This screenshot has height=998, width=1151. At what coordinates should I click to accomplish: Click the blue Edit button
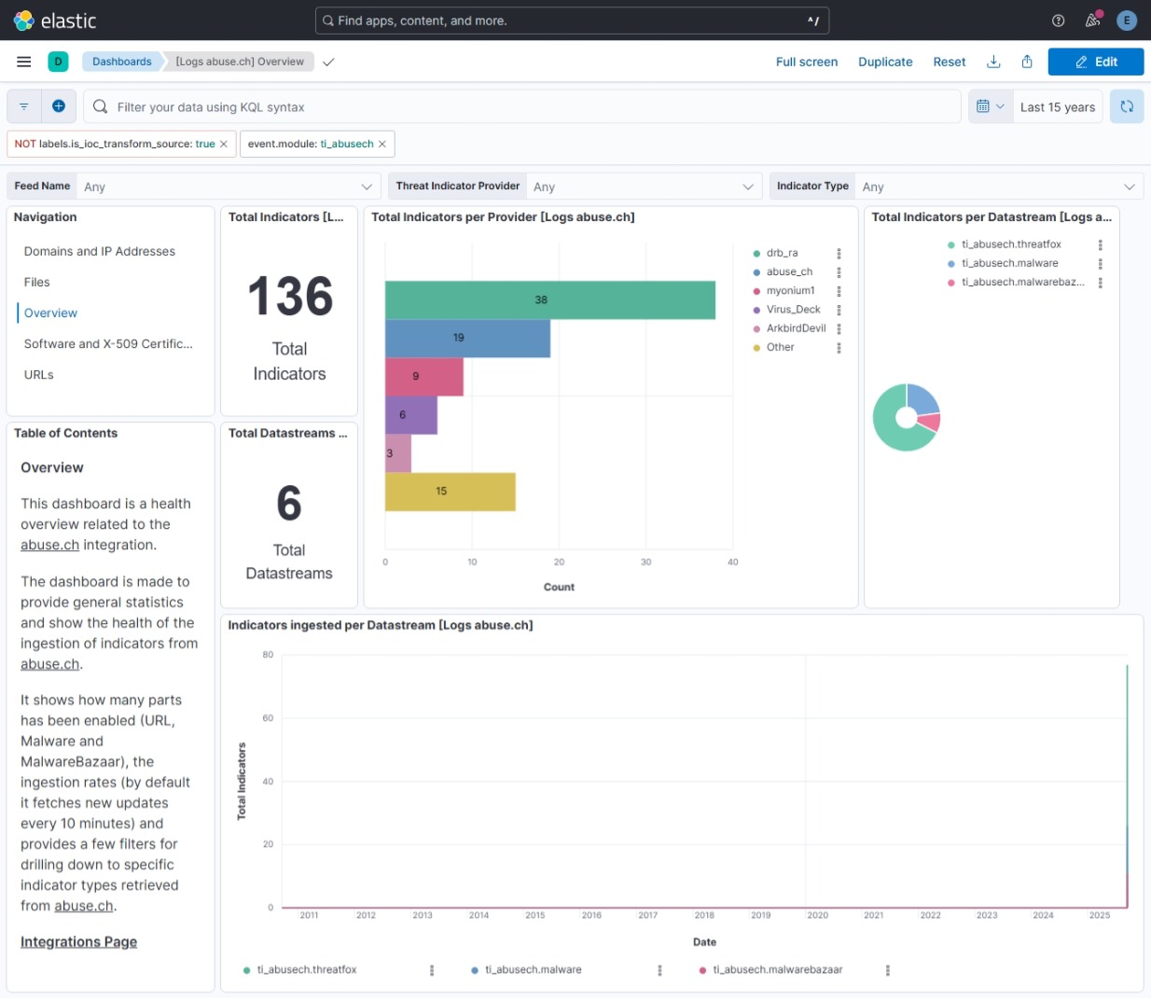pyautogui.click(x=1095, y=62)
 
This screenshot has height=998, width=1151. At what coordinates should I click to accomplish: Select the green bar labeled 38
pyautogui.click(x=549, y=300)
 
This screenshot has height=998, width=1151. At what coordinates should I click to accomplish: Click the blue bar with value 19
pyautogui.click(x=467, y=338)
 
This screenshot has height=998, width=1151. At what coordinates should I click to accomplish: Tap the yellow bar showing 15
pyautogui.click(x=450, y=492)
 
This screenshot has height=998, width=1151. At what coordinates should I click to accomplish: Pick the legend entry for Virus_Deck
pyautogui.click(x=793, y=310)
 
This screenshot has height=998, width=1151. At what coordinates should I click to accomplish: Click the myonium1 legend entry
pyautogui.click(x=790, y=290)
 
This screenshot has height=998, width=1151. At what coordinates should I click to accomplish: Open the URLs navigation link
pyautogui.click(x=39, y=375)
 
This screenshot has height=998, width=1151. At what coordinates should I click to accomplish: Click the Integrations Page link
pyautogui.click(x=78, y=942)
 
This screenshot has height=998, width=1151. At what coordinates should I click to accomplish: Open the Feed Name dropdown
pyautogui.click(x=229, y=187)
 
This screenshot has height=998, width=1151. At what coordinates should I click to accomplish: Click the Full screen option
pyautogui.click(x=806, y=62)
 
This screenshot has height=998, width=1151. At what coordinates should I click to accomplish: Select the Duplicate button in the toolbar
pyautogui.click(x=885, y=62)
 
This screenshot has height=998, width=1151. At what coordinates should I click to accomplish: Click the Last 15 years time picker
pyautogui.click(x=1057, y=107)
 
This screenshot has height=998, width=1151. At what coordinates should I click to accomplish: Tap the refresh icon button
pyautogui.click(x=1127, y=106)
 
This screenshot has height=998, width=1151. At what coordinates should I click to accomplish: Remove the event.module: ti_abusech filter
pyautogui.click(x=382, y=144)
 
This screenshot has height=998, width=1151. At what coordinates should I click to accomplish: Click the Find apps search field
pyautogui.click(x=571, y=21)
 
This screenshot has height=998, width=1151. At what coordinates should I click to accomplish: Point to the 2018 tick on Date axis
pyautogui.click(x=704, y=915)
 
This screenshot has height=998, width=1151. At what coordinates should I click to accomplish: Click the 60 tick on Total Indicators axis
pyautogui.click(x=268, y=718)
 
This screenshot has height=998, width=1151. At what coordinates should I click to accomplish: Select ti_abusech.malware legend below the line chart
pyautogui.click(x=533, y=970)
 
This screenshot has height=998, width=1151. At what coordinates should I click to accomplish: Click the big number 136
pyautogui.click(x=290, y=297)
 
